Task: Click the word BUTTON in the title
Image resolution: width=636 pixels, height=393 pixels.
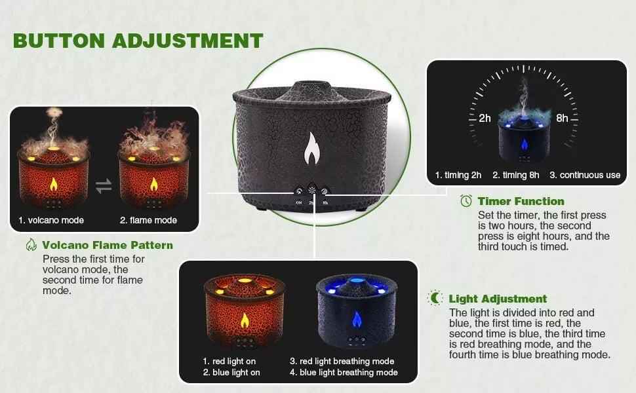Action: [59, 41]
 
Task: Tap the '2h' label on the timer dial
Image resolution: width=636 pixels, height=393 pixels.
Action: [485, 118]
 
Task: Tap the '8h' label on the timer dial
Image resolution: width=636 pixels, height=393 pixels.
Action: [562, 118]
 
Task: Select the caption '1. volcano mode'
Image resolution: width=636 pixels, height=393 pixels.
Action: [51, 220]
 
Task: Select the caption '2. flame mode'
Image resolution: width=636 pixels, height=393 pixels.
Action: [148, 220]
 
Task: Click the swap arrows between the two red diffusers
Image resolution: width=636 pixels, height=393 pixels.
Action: [104, 186]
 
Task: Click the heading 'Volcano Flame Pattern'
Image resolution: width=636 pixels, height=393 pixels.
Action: [108, 245]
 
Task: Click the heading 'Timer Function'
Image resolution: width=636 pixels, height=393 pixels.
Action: [521, 201]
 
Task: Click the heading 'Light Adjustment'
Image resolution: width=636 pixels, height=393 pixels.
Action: [498, 299]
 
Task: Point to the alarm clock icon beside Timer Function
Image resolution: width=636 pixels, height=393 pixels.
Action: [466, 200]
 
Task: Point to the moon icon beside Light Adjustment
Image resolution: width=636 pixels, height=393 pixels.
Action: [435, 298]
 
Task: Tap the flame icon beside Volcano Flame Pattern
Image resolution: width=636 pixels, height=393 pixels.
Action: [31, 245]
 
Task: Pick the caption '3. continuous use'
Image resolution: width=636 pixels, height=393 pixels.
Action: [585, 175]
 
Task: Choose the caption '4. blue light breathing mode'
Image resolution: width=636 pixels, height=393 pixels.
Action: [344, 372]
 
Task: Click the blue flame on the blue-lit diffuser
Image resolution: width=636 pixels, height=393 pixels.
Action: [357, 319]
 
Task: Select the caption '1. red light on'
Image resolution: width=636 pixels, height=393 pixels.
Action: [229, 361]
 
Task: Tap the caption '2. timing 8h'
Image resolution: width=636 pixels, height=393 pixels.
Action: [515, 175]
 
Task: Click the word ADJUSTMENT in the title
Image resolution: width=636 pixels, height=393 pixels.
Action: [188, 41]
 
